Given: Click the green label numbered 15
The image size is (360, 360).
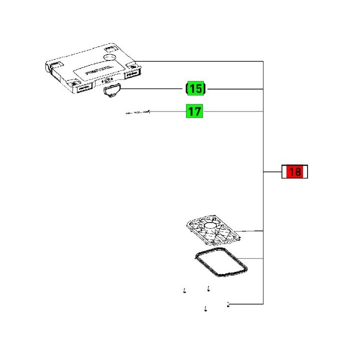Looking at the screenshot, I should pyautogui.click(x=195, y=89).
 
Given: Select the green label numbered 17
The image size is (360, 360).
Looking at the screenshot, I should pyautogui.click(x=194, y=110).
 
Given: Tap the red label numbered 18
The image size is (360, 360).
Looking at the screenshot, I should pyautogui.click(x=294, y=172).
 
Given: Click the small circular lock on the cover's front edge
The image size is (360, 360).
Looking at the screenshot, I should pyautogui.click(x=106, y=80).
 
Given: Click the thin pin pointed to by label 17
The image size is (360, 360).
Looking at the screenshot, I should pyautogui.click(x=138, y=112).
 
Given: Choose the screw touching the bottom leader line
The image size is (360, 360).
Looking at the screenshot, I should pyautogui.click(x=228, y=303).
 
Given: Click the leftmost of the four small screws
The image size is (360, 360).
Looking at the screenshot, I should pyautogui.click(x=184, y=290).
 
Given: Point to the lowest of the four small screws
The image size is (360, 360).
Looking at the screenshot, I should pyautogui.click(x=206, y=309).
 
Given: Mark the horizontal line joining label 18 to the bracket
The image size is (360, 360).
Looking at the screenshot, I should pyautogui.click(x=272, y=172).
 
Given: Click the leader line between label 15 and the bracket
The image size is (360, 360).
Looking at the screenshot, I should pyautogui.click(x=235, y=89).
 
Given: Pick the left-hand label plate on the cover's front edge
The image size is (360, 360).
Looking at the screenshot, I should pyautogui.click(x=83, y=90).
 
